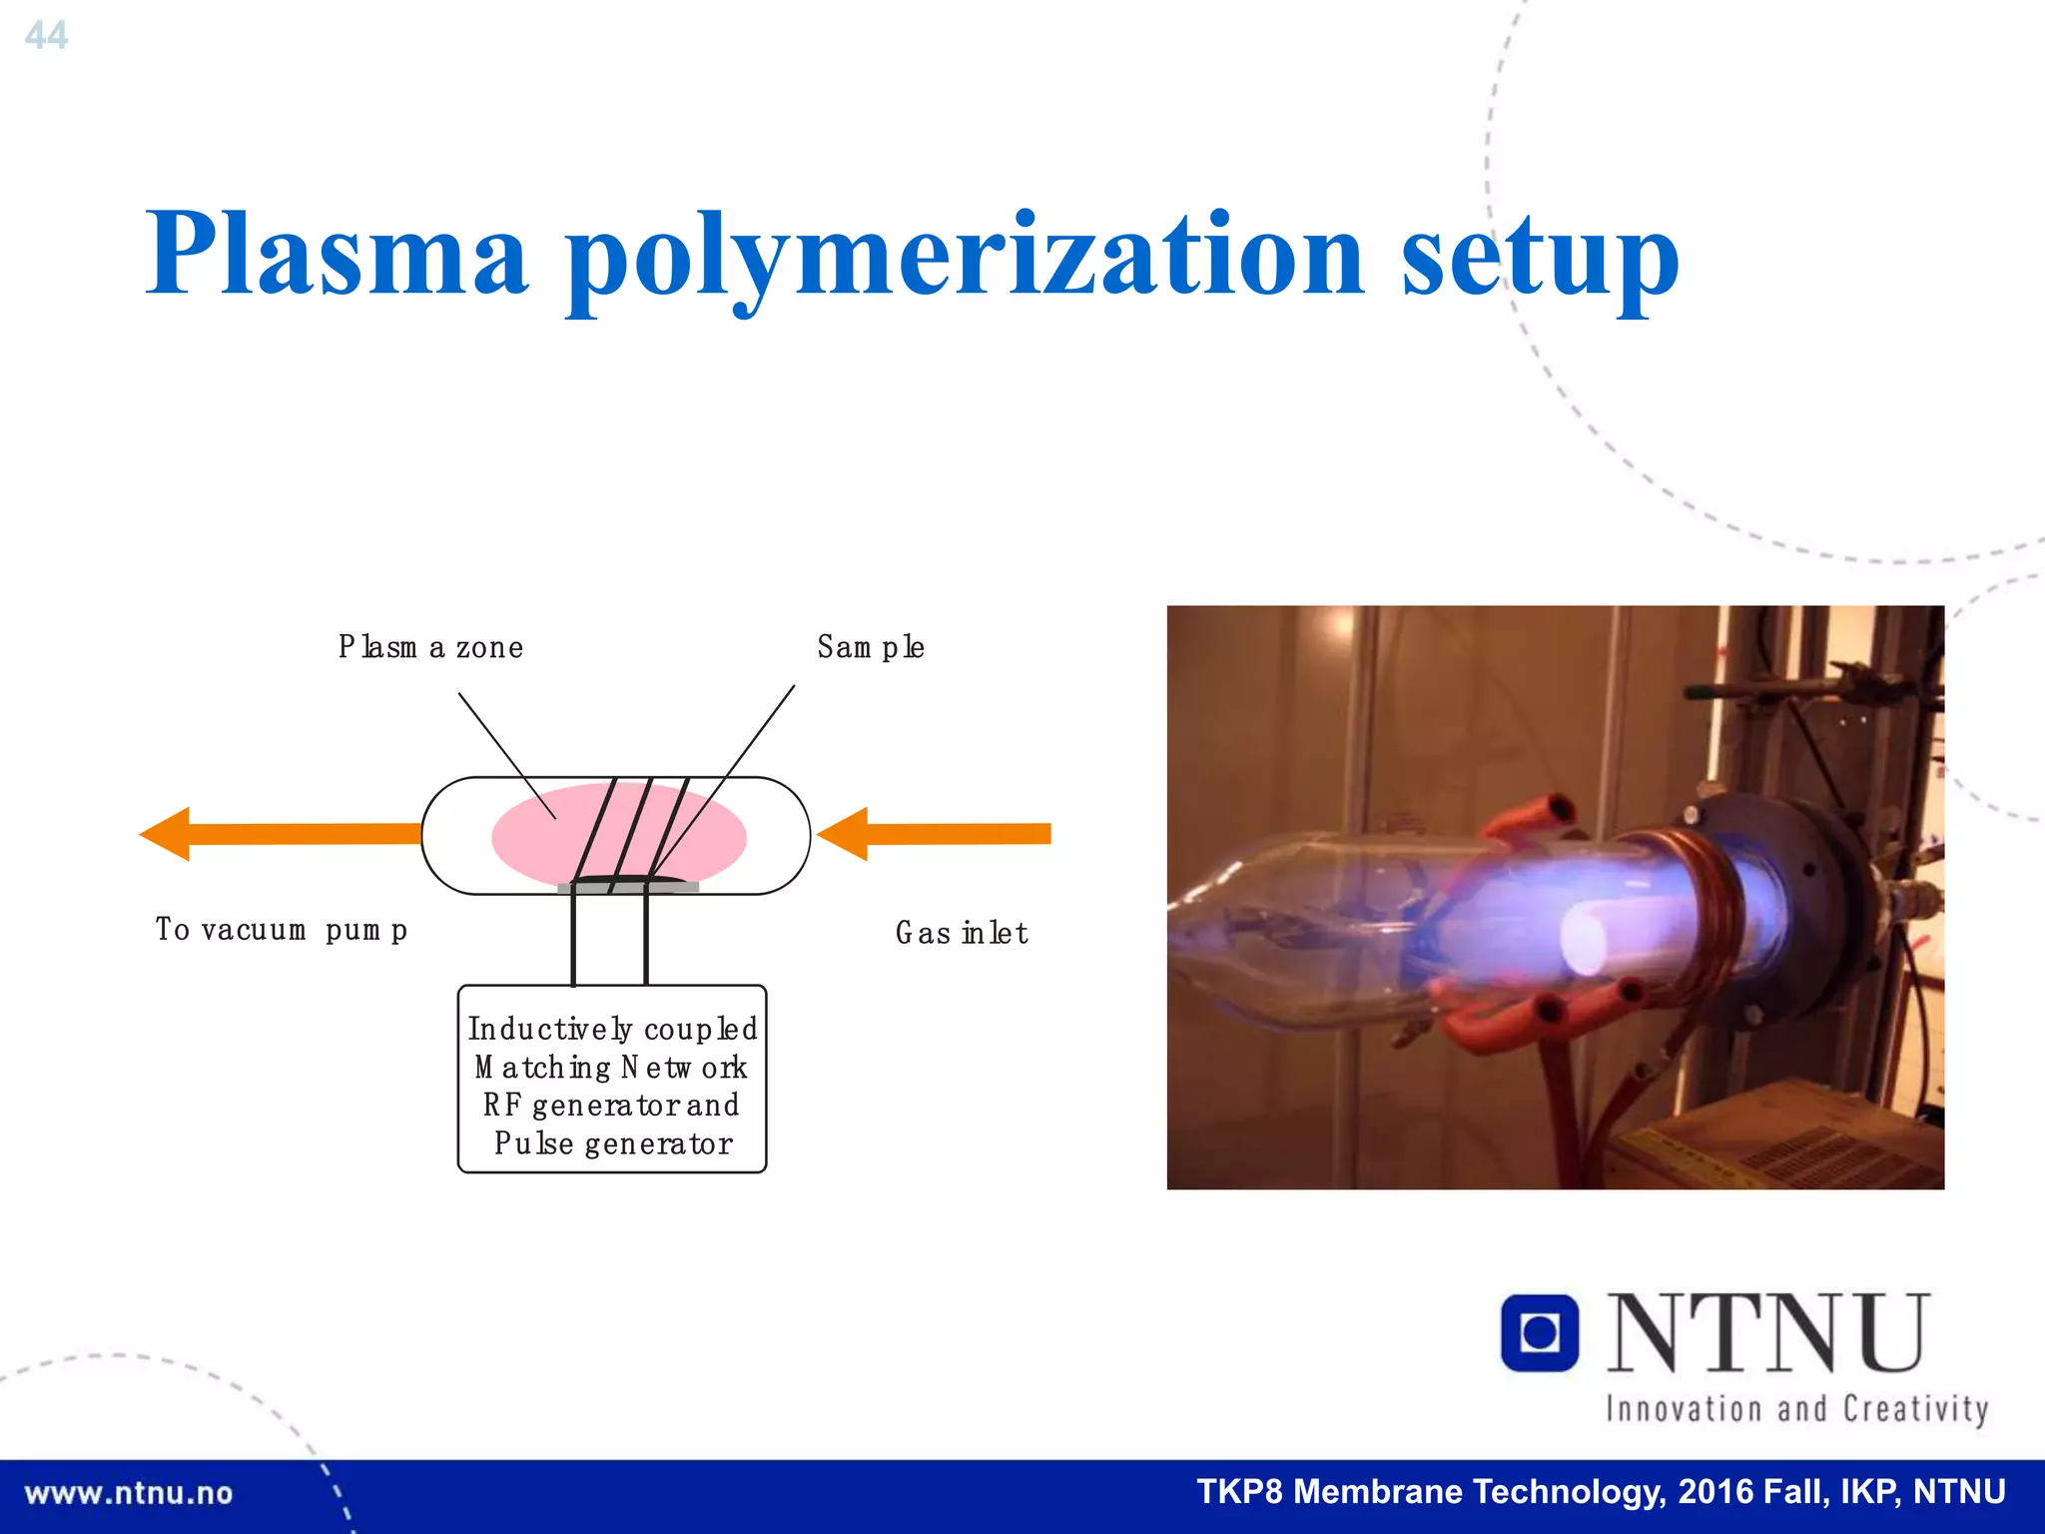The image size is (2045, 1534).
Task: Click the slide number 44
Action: tap(46, 36)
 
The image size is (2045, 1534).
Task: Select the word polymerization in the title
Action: tap(964, 257)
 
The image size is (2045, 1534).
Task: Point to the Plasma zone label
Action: tap(430, 647)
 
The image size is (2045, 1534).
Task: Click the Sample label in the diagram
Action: tap(870, 647)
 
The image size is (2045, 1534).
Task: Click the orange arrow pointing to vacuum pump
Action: tap(280, 834)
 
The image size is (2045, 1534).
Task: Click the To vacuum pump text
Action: tap(281, 930)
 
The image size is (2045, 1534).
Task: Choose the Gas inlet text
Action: tap(961, 933)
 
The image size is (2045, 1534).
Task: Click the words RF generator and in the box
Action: tap(611, 1106)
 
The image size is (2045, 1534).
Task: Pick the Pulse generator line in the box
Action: tap(612, 1144)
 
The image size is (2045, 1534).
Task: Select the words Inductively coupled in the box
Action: tap(612, 1029)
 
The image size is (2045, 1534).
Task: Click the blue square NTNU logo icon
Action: tap(1539, 1332)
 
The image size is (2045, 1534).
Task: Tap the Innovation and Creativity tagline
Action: tap(1796, 1409)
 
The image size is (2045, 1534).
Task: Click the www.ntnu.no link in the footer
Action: tap(128, 1494)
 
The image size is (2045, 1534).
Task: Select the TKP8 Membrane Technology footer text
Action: tap(1601, 1492)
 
